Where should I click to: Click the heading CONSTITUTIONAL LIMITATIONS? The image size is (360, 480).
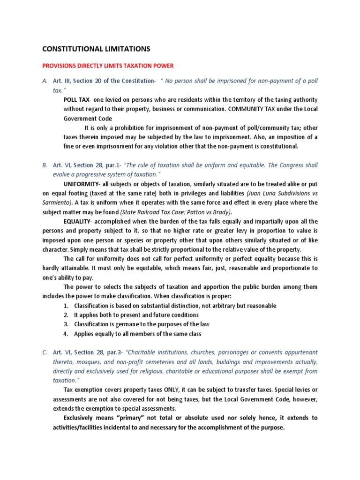(x=97, y=48)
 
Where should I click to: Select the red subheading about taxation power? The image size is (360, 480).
(x=108, y=66)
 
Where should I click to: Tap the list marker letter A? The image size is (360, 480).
(x=45, y=81)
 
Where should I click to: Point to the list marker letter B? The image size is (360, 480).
(x=45, y=165)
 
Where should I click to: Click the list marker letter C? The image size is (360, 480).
(x=45, y=352)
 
